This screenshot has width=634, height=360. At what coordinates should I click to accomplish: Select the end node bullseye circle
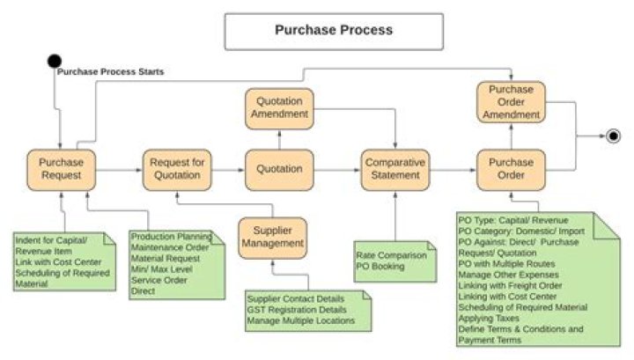point(613,136)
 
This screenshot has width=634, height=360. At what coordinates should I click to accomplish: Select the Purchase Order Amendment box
point(511,102)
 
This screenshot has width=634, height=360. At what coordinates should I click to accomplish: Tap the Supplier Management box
point(274,238)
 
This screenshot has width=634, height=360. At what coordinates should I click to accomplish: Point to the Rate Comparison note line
point(391,255)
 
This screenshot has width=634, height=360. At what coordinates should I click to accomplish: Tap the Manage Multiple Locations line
point(300,320)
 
